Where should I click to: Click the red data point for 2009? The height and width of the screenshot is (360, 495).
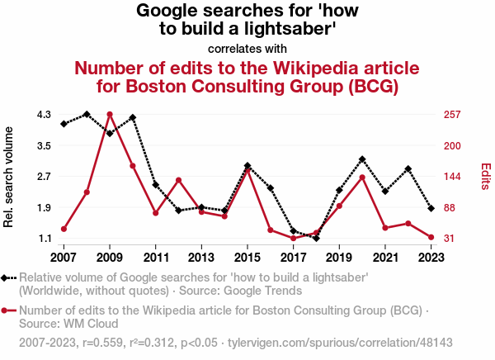coord(110,114)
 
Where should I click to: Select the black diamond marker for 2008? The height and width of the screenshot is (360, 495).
coord(87,114)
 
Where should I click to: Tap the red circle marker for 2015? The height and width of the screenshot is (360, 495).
coord(247,170)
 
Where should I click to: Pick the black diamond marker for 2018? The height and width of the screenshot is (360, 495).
coord(317,238)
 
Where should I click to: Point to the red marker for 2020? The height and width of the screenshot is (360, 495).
coord(362,177)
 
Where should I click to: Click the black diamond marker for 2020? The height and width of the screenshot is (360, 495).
coord(362,159)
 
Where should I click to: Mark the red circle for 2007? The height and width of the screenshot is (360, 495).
coord(64,229)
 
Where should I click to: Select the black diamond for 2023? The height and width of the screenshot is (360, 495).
coord(431,208)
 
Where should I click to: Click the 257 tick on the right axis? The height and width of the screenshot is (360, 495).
coord(452,114)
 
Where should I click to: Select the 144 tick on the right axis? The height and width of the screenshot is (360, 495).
coord(452,177)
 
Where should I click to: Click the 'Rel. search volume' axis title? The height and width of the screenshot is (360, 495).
coord(10,177)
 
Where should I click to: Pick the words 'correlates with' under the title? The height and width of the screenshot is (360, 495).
coord(247,48)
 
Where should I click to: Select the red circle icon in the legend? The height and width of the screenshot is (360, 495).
coord(7,310)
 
